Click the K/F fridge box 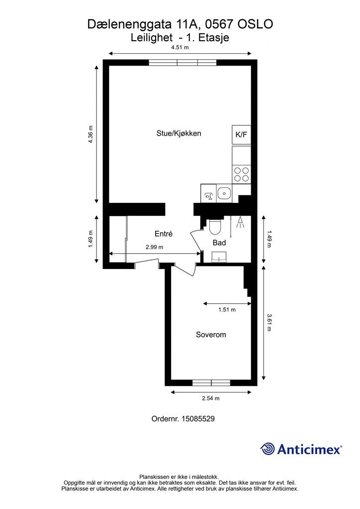(x=242, y=135)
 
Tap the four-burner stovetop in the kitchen (x=242, y=174)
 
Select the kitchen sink (x=224, y=193)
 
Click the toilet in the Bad (x=215, y=226)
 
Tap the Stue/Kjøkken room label (x=179, y=133)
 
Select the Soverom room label (x=211, y=335)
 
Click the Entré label (x=164, y=234)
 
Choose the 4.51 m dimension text (x=180, y=47)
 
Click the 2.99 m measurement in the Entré (x=155, y=247)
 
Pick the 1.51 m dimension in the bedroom (x=227, y=310)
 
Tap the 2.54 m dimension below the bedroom (x=211, y=398)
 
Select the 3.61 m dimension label (x=269, y=322)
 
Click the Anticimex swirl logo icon (x=268, y=449)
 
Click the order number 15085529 (x=198, y=419)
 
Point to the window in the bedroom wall (x=211, y=383)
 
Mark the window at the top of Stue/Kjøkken (x=183, y=63)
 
